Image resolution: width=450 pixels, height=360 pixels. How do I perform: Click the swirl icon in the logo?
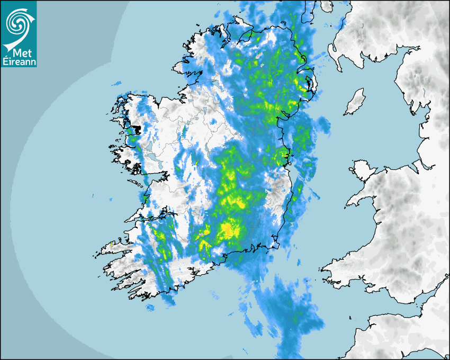pos(18,22)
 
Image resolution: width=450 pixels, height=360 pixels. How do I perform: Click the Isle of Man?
pos(355,102)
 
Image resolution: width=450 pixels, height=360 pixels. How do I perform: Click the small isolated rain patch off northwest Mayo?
pos(116,83)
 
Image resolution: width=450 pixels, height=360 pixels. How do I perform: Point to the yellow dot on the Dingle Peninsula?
pos(111,244)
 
